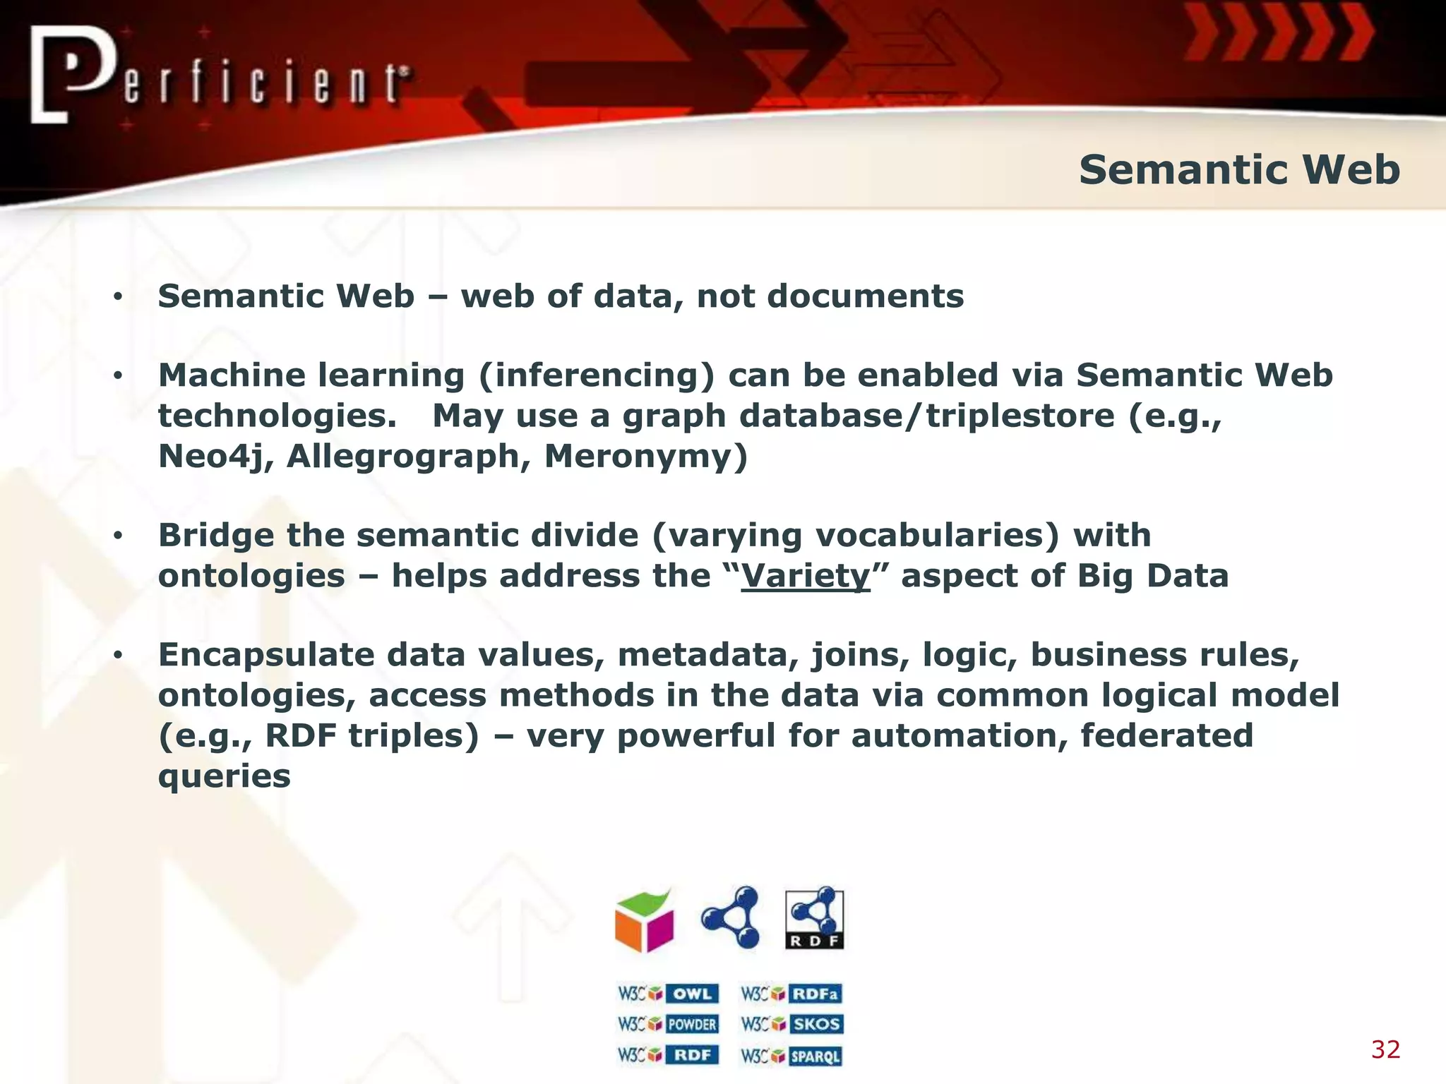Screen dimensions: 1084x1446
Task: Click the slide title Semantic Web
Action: [1239, 170]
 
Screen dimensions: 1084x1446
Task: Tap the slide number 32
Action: [1385, 1049]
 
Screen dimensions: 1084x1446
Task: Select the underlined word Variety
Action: [806, 576]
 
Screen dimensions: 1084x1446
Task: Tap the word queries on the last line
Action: [224, 776]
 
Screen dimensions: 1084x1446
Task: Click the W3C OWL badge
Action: [668, 994]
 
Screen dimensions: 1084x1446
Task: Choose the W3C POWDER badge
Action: [668, 1024]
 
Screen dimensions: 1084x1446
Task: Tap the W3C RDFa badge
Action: [791, 994]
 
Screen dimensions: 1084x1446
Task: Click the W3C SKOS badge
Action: [791, 1024]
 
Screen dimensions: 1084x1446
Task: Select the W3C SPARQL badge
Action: [791, 1056]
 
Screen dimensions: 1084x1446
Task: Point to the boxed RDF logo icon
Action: [814, 918]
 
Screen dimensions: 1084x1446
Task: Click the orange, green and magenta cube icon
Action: [644, 920]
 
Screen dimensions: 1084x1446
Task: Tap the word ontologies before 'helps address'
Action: [251, 576]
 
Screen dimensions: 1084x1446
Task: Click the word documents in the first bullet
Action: [865, 296]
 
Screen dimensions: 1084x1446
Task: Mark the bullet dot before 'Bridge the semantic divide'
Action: [118, 536]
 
